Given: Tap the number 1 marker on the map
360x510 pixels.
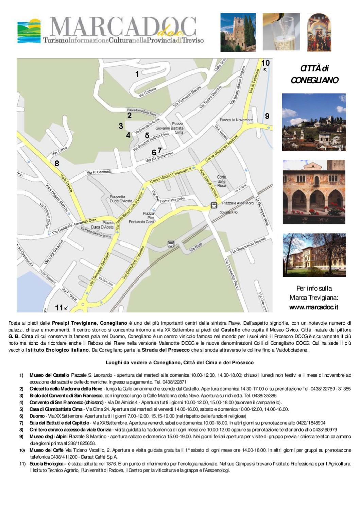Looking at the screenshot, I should [137, 74].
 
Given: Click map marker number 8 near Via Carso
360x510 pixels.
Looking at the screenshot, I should [57, 163].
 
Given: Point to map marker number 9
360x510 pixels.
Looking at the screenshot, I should [267, 116].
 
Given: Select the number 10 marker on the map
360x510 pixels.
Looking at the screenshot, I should [265, 63].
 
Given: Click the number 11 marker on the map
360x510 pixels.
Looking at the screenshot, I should [59, 307].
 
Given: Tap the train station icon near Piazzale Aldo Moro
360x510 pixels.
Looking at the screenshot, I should [214, 205].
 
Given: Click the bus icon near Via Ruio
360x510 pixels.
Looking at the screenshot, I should [171, 244].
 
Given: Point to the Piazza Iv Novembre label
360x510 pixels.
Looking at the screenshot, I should [236, 120].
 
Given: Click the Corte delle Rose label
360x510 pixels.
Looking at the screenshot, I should [221, 181].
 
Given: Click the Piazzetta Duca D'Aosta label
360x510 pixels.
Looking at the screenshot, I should [121, 199].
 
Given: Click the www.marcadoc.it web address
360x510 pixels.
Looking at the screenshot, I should [313, 307].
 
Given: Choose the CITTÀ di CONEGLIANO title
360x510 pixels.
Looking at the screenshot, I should [314, 74].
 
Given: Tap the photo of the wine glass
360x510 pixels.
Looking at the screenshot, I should [281, 32].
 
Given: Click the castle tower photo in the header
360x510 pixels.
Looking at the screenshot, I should [238, 32].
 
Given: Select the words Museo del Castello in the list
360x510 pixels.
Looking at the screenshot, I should [49, 375].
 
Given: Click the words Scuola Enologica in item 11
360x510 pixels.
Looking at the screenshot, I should [48, 463].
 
